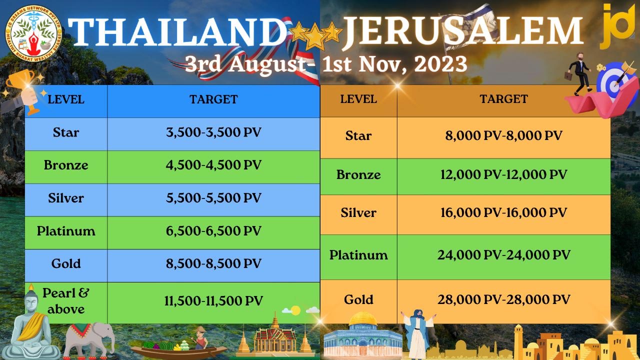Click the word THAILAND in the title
tap(177, 31)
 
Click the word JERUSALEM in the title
tap(462, 31)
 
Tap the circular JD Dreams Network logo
tap(33, 33)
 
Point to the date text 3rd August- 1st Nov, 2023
tap(325, 64)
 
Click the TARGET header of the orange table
tap(503, 99)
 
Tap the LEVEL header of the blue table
tap(66, 99)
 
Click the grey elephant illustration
tap(89, 340)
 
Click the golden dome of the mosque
tap(363, 318)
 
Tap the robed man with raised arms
tap(417, 332)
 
